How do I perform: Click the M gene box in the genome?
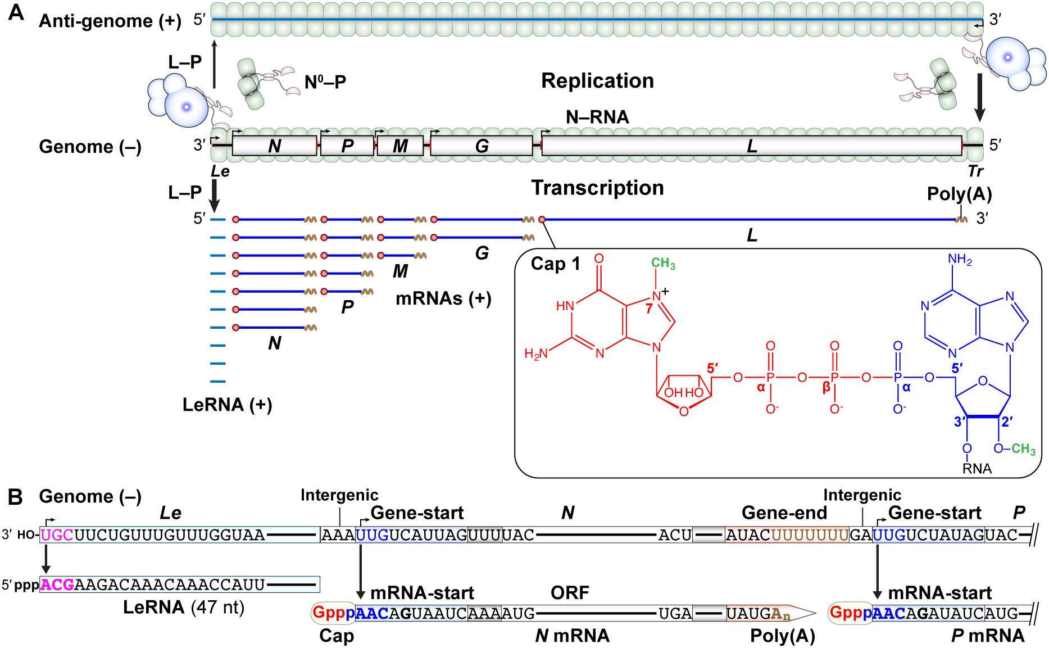pos(400,146)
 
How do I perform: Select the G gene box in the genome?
pos(482,146)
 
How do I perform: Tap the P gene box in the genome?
pos(347,146)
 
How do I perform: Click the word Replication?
pos(597,81)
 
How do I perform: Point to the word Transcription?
pos(597,188)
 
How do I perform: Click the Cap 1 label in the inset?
pos(555,264)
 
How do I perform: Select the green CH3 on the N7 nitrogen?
pos(663,264)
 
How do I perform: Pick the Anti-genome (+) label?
pos(110,21)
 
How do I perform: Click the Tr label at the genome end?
pos(975,171)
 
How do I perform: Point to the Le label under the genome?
pos(220,171)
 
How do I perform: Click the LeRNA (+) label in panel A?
pos(227,405)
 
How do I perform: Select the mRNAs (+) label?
pos(443,298)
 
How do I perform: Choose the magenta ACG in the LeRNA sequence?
pos(57,585)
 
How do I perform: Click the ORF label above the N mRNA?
pos(570,592)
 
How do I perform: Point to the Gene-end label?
pos(784,513)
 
